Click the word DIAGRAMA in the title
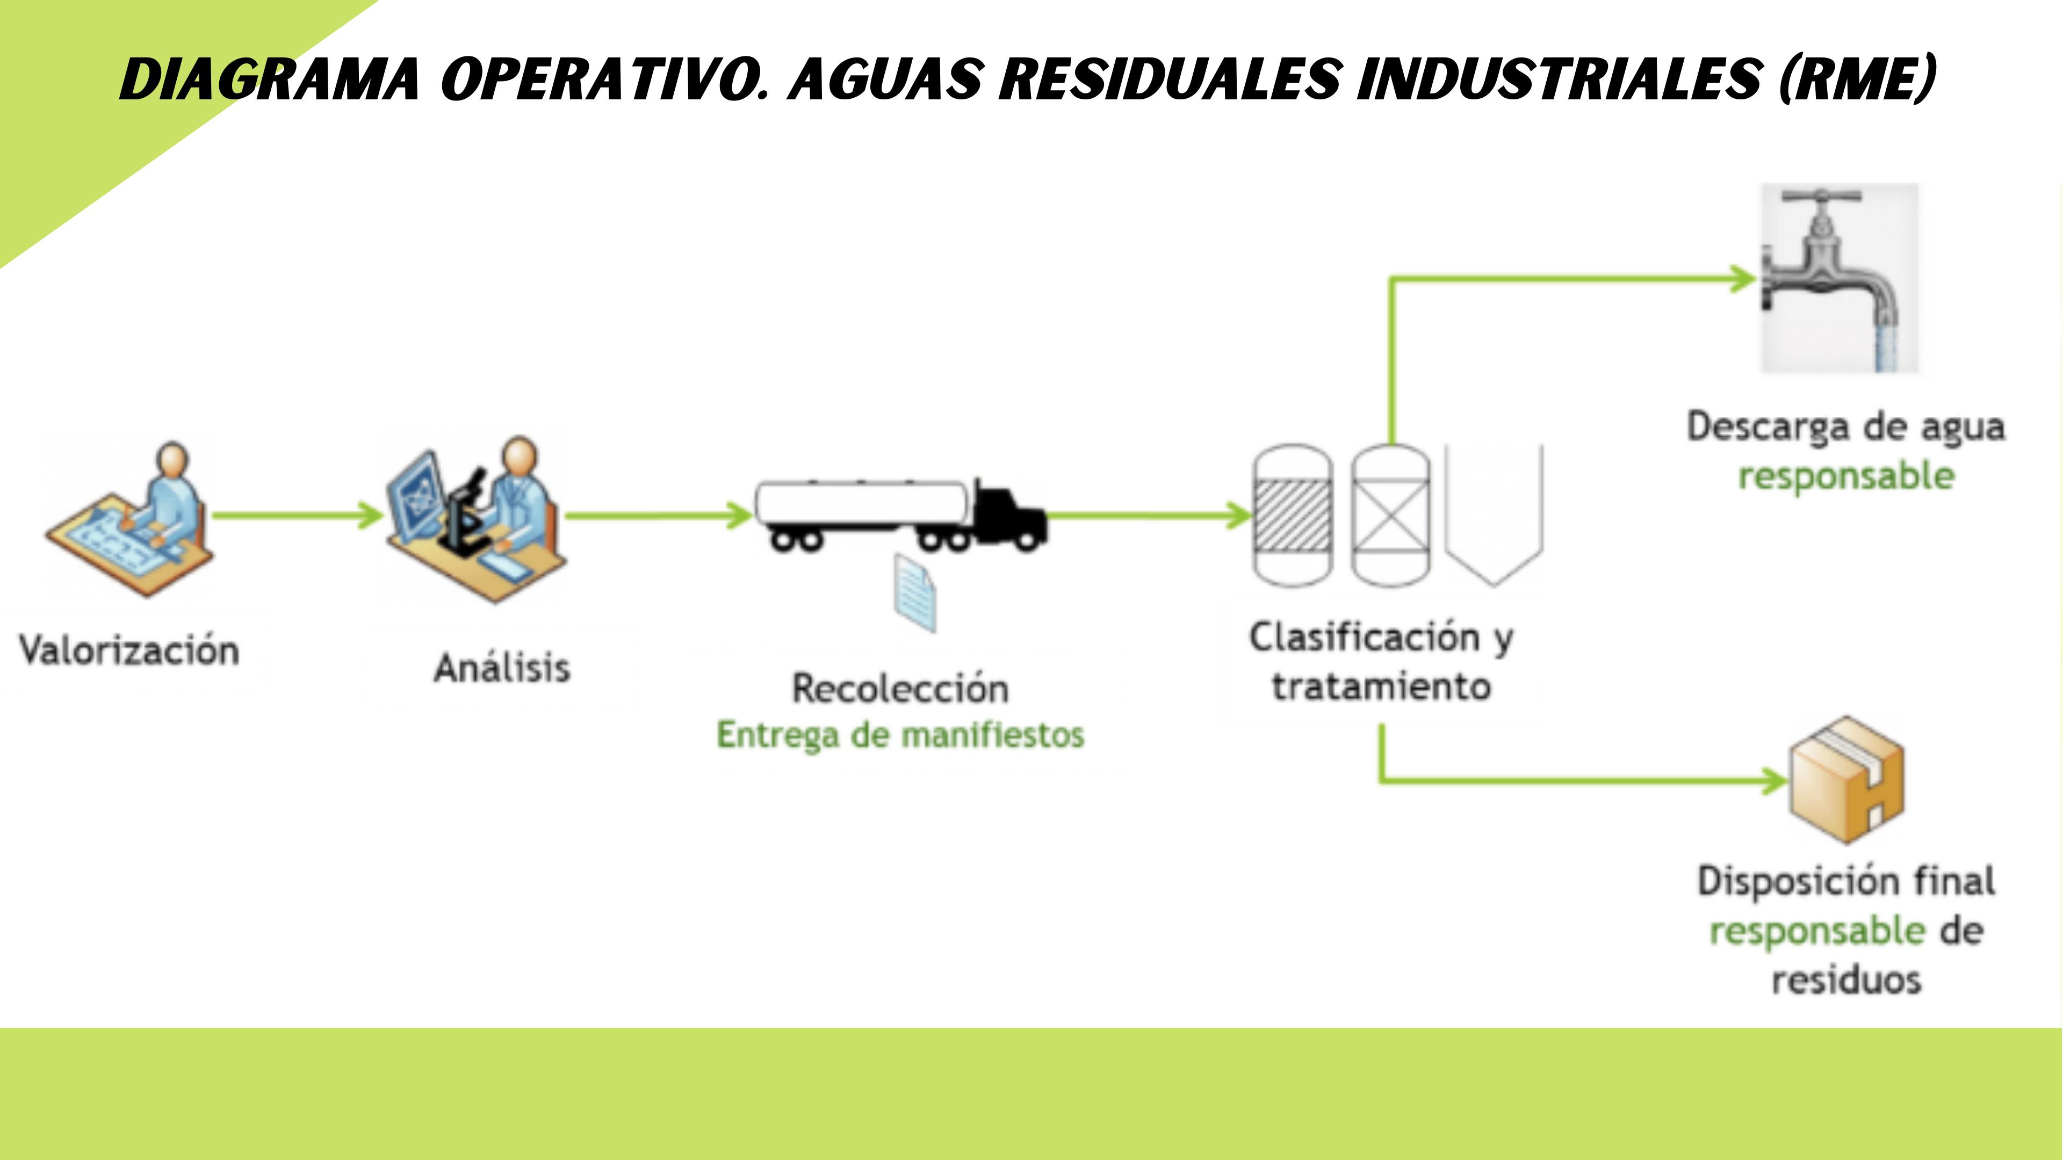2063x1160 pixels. (270, 79)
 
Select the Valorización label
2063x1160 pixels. (129, 650)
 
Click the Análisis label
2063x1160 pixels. (502, 668)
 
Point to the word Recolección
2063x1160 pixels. (900, 688)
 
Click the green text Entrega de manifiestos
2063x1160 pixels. (900, 735)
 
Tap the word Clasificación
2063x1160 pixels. (1365, 637)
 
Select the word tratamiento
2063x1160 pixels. (1381, 687)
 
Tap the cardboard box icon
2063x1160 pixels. (1847, 780)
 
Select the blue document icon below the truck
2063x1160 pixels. (915, 594)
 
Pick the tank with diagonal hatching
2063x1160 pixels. (1293, 516)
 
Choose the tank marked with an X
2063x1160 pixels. (1390, 516)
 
